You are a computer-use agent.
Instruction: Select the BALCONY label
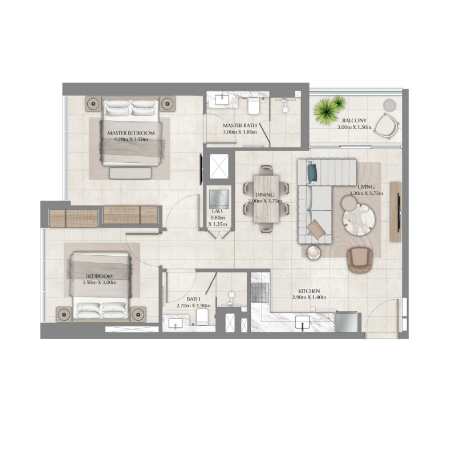(355, 121)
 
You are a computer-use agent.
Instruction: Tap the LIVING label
(366, 187)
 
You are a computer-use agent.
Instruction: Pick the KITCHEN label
(308, 291)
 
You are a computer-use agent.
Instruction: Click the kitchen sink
(302, 323)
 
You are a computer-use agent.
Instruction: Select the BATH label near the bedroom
(193, 299)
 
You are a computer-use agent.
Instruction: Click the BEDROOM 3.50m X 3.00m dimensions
(99, 282)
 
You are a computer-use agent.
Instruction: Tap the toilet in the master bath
(254, 105)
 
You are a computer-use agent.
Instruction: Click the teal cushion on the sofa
(311, 171)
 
